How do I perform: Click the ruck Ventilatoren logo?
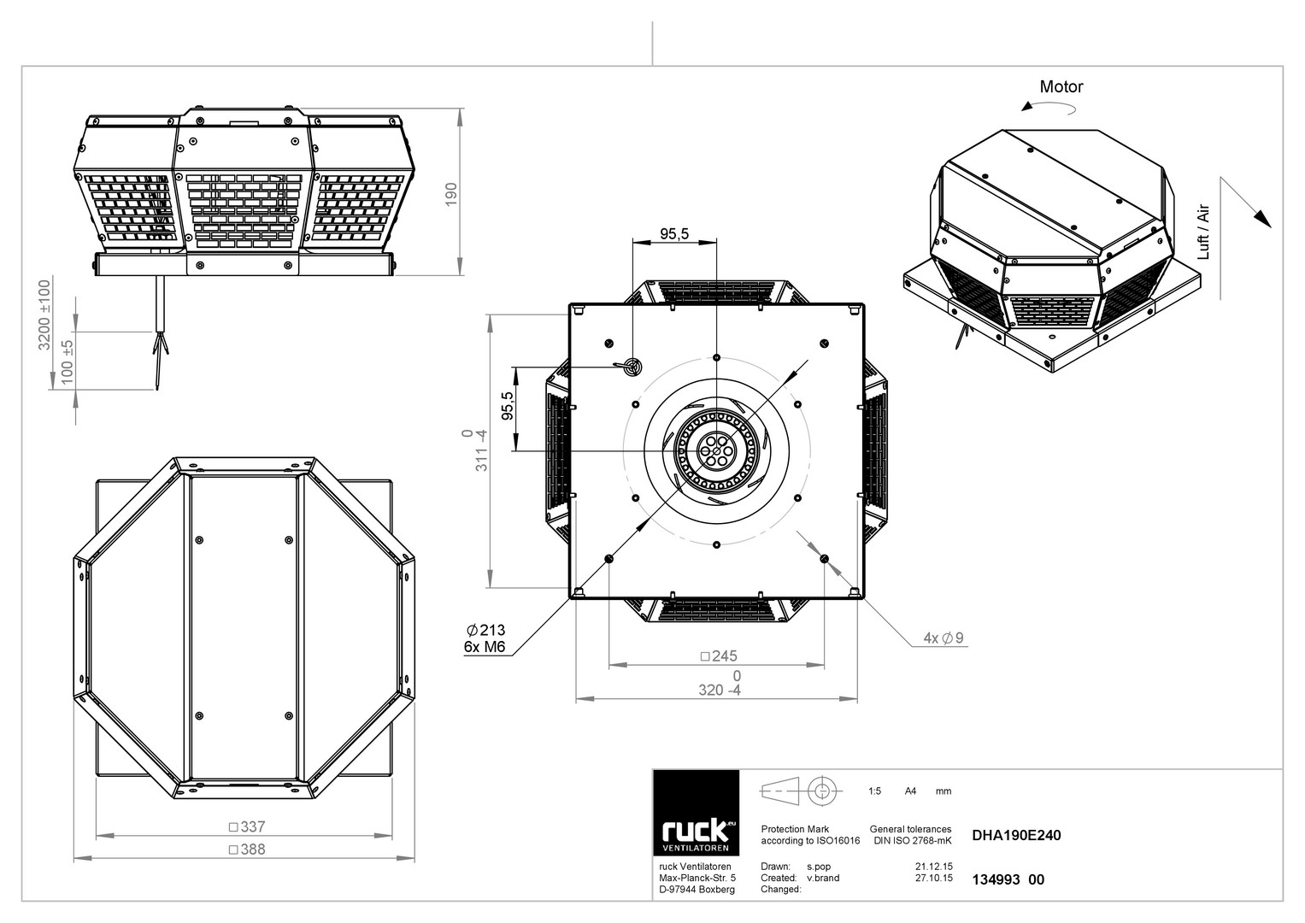pyautogui.click(x=696, y=813)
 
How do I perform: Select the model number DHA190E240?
pyautogui.click(x=1016, y=835)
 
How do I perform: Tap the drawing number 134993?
pyautogui.click(x=996, y=879)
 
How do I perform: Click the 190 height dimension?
pyautogui.click(x=451, y=194)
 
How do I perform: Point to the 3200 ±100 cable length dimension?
pyautogui.click(x=44, y=315)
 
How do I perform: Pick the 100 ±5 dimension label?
pyautogui.click(x=68, y=362)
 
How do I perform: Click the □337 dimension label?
pyautogui.click(x=247, y=826)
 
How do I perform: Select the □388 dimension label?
pyautogui.click(x=247, y=849)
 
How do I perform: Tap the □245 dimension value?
pyautogui.click(x=719, y=656)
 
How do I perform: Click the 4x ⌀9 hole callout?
pyautogui.click(x=943, y=638)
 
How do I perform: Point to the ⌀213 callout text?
pyautogui.click(x=486, y=630)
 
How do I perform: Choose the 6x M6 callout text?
pyautogui.click(x=484, y=647)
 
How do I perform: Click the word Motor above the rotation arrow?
pyautogui.click(x=1061, y=87)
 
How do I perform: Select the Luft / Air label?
pyautogui.click(x=1203, y=232)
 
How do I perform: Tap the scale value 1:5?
pyautogui.click(x=874, y=791)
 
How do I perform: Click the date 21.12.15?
pyautogui.click(x=934, y=867)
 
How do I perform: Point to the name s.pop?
pyautogui.click(x=819, y=867)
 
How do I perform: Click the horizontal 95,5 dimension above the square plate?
pyautogui.click(x=674, y=233)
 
